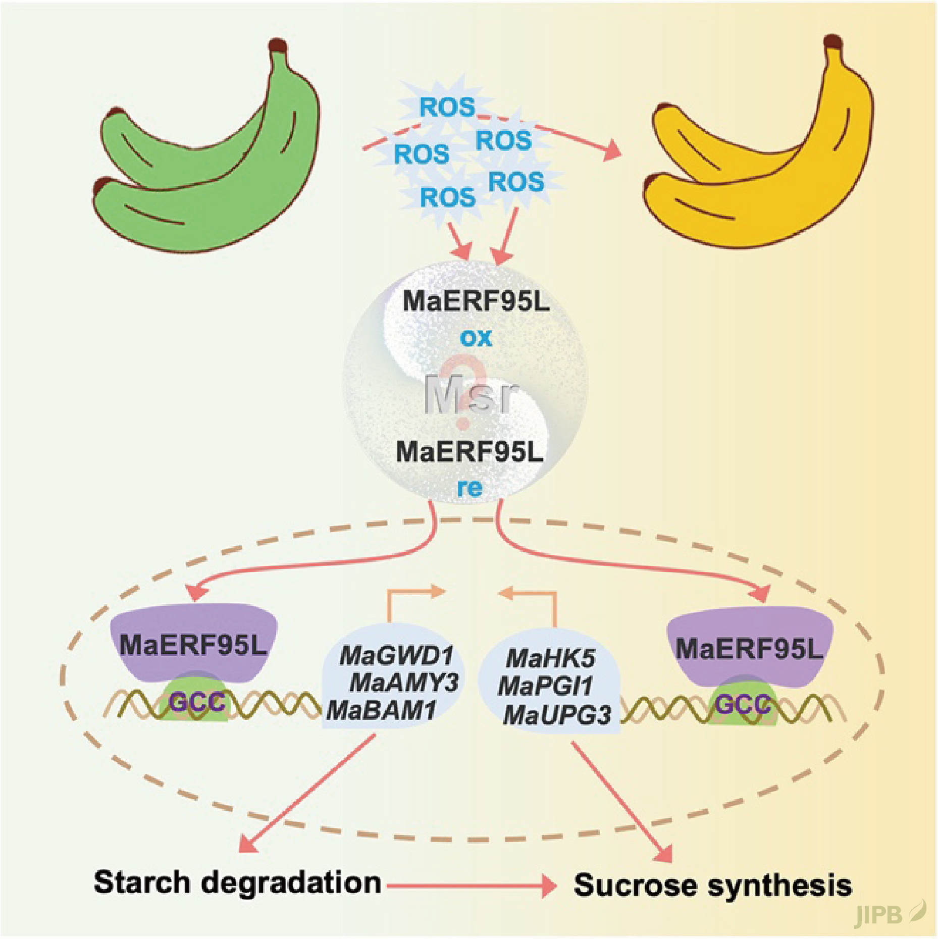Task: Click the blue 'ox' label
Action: pyautogui.click(x=476, y=337)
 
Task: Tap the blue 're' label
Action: pyautogui.click(x=470, y=488)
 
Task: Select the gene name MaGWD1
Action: pyautogui.click(x=397, y=656)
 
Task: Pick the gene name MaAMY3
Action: pyautogui.click(x=404, y=683)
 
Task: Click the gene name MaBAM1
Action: pyautogui.click(x=381, y=710)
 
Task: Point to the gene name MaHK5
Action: pyautogui.click(x=551, y=658)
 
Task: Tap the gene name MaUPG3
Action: pyautogui.click(x=557, y=714)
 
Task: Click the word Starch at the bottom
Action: pyautogui.click(x=142, y=882)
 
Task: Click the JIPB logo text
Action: pyautogui.click(x=879, y=914)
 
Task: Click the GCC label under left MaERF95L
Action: pyautogui.click(x=197, y=702)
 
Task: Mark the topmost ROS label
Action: pyautogui.click(x=448, y=107)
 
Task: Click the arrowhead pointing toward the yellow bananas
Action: pyautogui.click(x=612, y=150)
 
